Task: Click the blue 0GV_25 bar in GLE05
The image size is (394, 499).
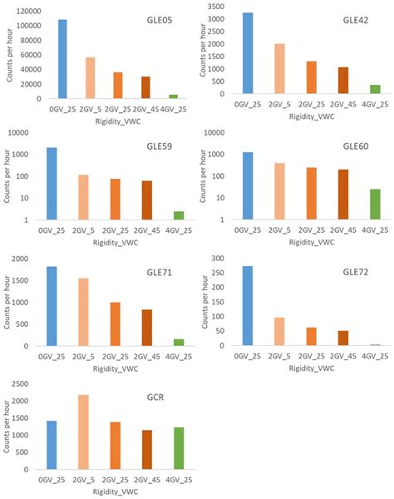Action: [62, 59]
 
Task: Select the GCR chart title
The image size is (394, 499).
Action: [155, 396]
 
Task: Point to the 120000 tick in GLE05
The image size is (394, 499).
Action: [24, 12]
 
